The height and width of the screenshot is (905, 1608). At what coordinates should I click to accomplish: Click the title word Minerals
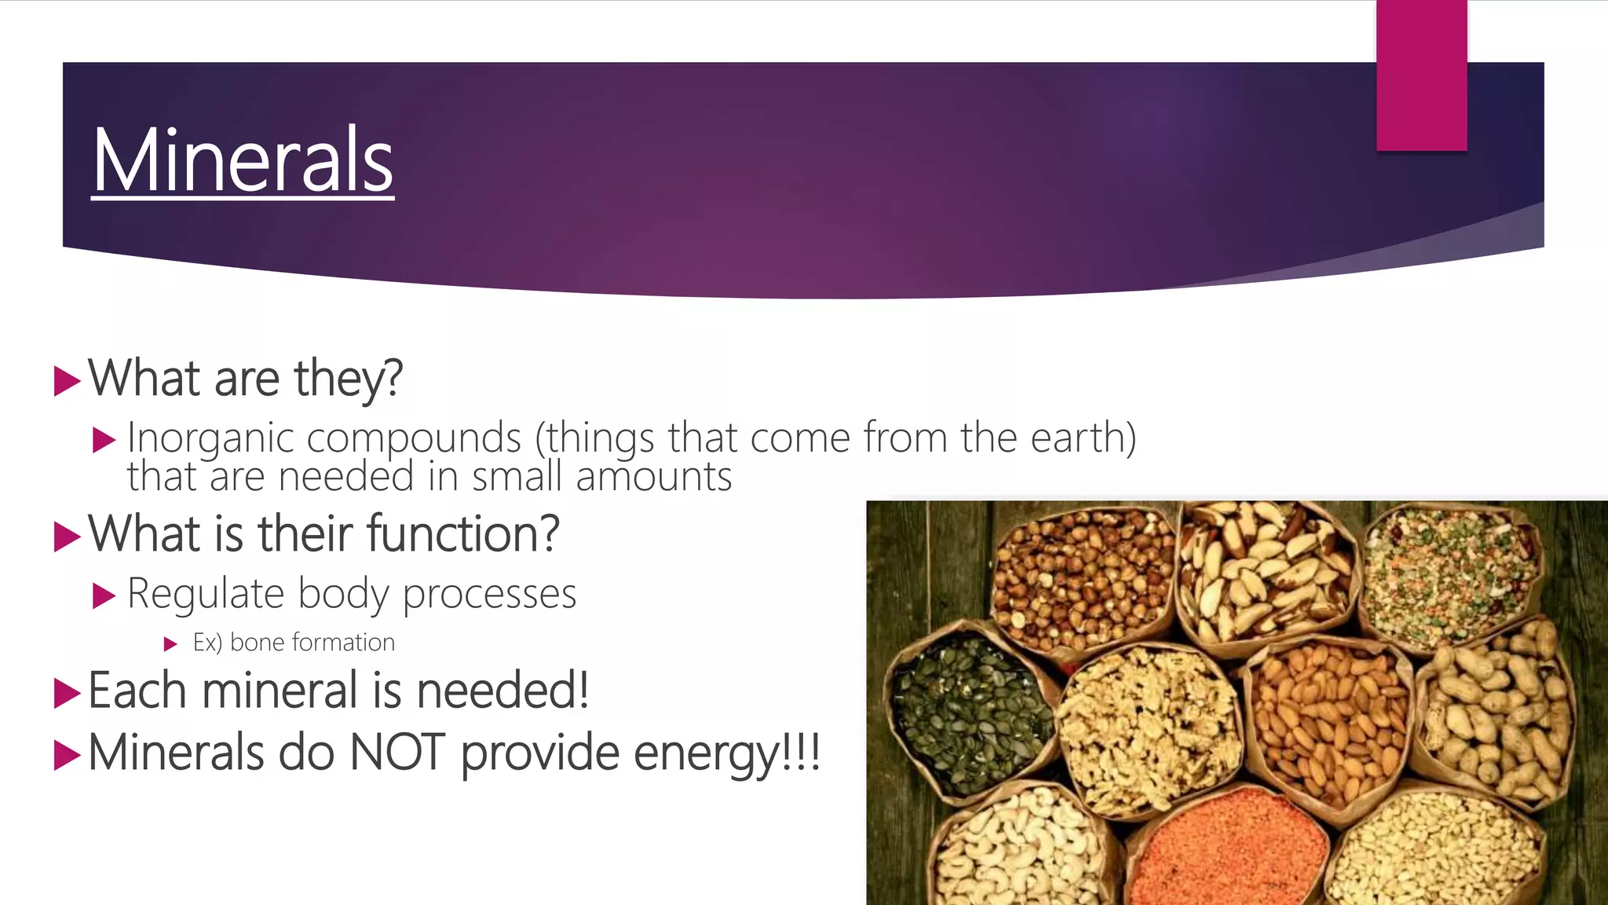243,161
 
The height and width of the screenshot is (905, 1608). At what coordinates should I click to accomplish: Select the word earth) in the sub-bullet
1084,438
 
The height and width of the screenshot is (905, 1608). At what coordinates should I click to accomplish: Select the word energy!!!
726,753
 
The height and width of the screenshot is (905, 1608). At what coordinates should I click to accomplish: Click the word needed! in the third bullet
502,691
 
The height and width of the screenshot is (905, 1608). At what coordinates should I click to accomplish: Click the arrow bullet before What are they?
68,381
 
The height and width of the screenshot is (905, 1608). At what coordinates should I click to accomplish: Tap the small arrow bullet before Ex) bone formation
170,645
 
